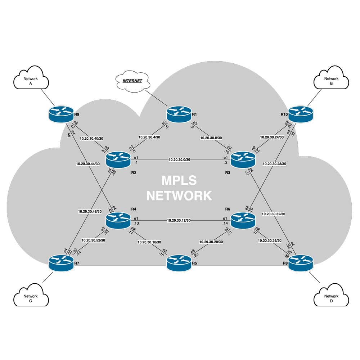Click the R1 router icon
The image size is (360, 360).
point(179,114)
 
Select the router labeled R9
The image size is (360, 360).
point(61,114)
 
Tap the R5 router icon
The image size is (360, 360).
point(179,263)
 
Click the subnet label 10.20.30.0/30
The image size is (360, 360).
point(179,159)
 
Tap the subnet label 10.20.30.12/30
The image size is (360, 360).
point(179,220)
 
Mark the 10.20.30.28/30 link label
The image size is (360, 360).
point(274,164)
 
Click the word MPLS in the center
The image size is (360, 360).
point(179,180)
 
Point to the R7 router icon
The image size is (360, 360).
point(61,263)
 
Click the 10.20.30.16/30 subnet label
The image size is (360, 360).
point(149,242)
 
